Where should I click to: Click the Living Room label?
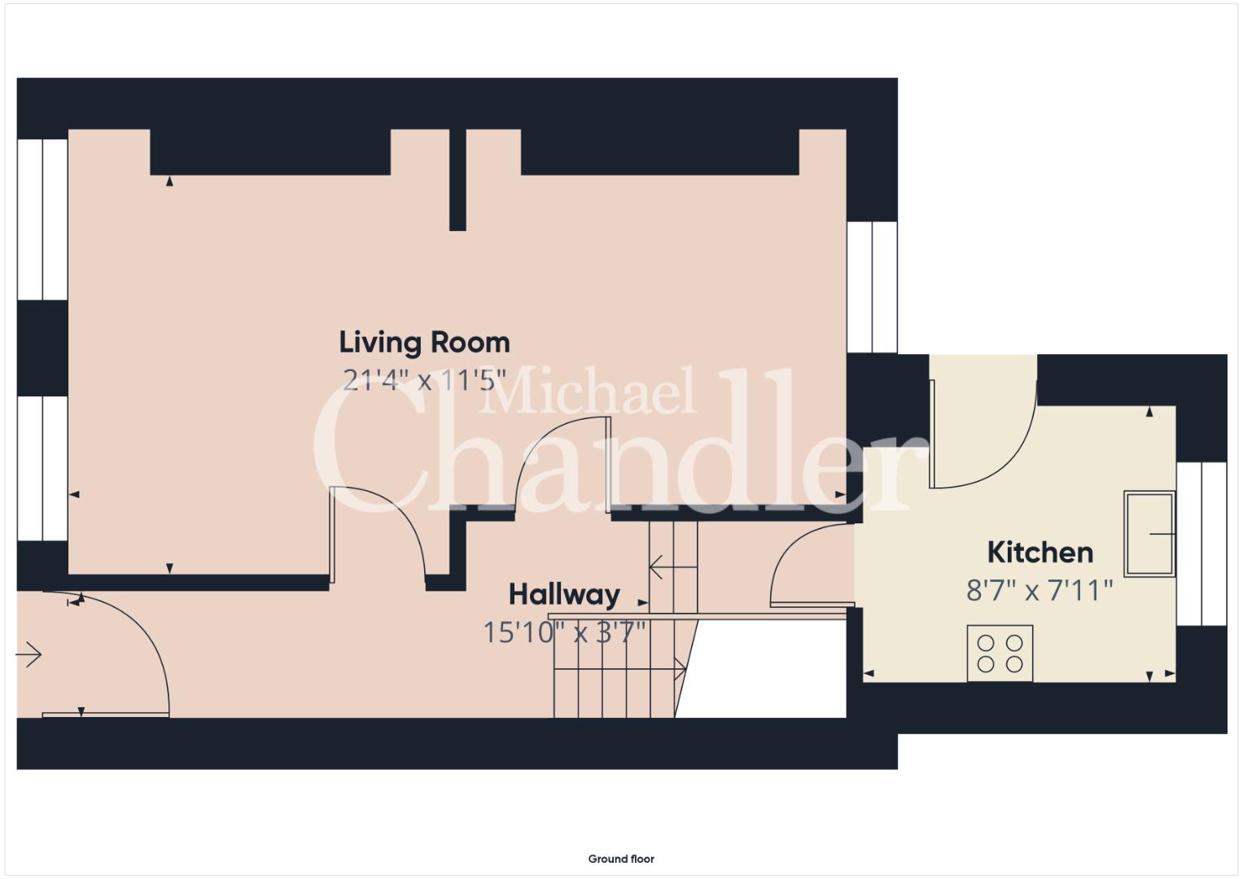(x=424, y=343)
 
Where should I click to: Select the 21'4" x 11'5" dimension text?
(x=424, y=381)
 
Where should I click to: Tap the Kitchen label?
(x=1040, y=553)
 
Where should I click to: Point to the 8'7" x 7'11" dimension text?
(x=1039, y=590)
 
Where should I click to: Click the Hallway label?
(x=564, y=595)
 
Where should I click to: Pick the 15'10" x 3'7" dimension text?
(x=564, y=632)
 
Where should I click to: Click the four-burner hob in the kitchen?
(x=1000, y=653)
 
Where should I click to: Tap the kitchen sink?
(x=1149, y=534)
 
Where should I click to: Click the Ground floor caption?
(x=621, y=859)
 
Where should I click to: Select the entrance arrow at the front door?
(x=28, y=655)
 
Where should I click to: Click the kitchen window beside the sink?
(x=1202, y=544)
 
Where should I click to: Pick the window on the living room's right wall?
(x=873, y=286)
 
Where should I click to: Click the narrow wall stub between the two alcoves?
(x=457, y=180)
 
